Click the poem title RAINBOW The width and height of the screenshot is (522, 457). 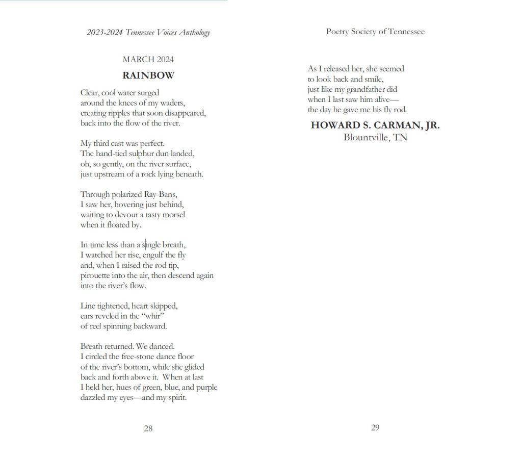coord(148,75)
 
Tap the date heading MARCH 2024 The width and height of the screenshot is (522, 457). coord(148,60)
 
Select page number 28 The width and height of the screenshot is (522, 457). coord(148,428)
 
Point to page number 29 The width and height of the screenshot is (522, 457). coord(375,427)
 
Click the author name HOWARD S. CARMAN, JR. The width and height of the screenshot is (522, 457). coord(375,125)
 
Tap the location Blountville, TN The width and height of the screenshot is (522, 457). coord(375,137)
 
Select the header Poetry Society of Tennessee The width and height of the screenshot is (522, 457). coord(375,32)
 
